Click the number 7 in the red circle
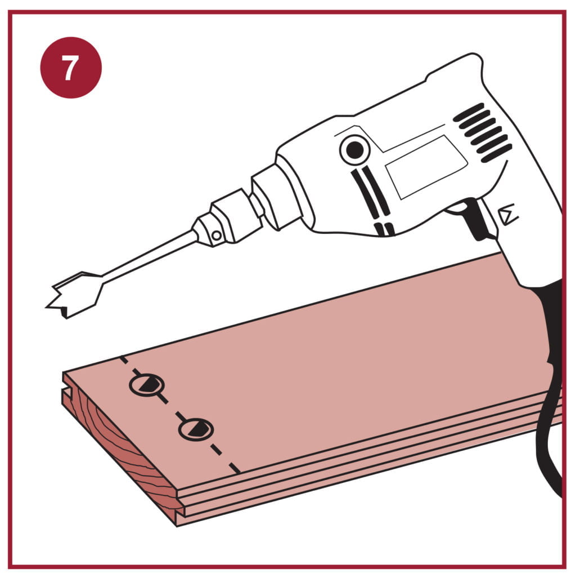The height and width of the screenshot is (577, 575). click(x=70, y=68)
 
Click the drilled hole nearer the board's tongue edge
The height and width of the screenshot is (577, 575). click(x=196, y=429)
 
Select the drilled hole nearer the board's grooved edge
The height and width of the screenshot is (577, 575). click(x=147, y=385)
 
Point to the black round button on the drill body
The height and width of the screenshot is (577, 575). click(x=355, y=150)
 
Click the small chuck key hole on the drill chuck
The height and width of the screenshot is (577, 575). click(x=217, y=234)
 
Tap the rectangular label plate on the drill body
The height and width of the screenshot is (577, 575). click(x=426, y=167)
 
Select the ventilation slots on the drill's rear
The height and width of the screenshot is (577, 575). click(x=482, y=132)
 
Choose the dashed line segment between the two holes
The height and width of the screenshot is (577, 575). click(x=172, y=407)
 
